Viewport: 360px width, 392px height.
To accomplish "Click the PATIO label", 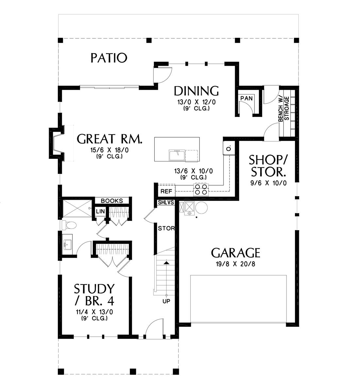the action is click(109, 58).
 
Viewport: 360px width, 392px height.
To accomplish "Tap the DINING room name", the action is click(196, 91).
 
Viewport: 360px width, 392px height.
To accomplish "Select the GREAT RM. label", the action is click(110, 139).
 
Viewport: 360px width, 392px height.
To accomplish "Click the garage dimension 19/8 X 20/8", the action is click(235, 264).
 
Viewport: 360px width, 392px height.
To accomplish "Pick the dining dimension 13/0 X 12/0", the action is click(197, 102).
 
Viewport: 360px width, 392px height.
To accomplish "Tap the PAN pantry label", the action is click(247, 98).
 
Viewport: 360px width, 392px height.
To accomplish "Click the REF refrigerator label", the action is click(166, 191).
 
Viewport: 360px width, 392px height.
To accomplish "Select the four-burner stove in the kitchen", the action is click(201, 189).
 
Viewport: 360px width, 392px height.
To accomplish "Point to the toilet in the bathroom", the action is click(69, 225).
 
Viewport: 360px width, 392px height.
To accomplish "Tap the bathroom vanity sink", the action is click(67, 242).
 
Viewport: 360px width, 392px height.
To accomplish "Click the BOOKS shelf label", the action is click(112, 201).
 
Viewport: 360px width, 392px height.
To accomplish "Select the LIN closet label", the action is click(100, 211).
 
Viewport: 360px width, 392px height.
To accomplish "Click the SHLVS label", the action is click(166, 202).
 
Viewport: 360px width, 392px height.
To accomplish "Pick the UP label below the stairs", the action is click(166, 301).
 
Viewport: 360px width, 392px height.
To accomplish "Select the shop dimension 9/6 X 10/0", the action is click(268, 183).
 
